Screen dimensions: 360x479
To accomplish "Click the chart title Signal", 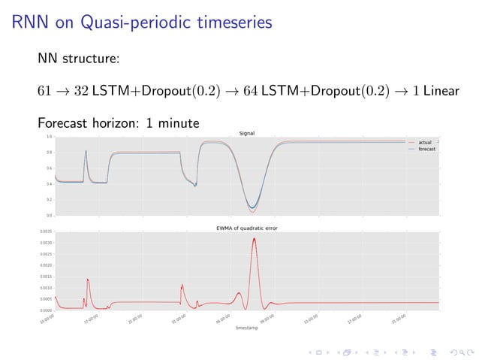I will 246,133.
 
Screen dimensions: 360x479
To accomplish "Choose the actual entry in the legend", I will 424,143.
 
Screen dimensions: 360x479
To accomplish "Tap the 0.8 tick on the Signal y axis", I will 49,153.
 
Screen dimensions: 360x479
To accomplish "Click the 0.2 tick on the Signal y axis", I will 49,200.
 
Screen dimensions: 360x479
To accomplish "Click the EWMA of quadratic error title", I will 247,228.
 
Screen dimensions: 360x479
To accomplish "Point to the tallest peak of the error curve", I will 255,238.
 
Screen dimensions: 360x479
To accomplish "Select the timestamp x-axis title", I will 246,328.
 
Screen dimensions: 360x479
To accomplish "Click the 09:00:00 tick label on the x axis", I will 268,319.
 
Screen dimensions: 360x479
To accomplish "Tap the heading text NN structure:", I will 80,59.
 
